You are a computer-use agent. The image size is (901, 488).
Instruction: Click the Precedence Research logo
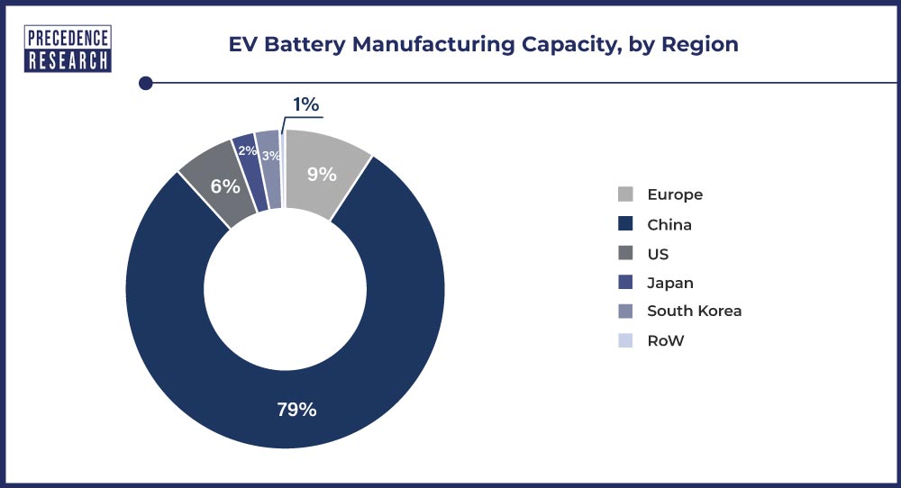[68, 49]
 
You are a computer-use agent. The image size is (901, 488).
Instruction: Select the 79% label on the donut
[296, 409]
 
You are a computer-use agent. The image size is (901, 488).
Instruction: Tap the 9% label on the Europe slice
[321, 174]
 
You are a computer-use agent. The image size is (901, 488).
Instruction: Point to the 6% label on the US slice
[225, 186]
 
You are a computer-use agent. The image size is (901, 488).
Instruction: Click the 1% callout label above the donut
[305, 104]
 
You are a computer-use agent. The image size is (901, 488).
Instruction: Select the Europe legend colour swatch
[625, 194]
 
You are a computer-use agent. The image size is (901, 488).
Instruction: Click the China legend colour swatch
[625, 224]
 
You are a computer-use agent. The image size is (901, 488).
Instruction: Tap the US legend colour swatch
[625, 254]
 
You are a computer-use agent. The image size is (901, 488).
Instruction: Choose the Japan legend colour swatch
[625, 283]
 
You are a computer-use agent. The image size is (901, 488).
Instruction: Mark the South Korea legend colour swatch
[625, 312]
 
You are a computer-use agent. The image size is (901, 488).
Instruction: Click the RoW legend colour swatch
[625, 340]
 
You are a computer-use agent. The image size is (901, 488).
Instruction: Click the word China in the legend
[669, 224]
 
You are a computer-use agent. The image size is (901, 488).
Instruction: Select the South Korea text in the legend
[694, 312]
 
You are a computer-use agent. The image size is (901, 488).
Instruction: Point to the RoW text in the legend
[666, 340]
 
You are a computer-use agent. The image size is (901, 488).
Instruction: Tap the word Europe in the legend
[674, 194]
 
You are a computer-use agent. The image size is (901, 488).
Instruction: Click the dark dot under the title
[145, 84]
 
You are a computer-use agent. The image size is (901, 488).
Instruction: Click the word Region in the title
[700, 45]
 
